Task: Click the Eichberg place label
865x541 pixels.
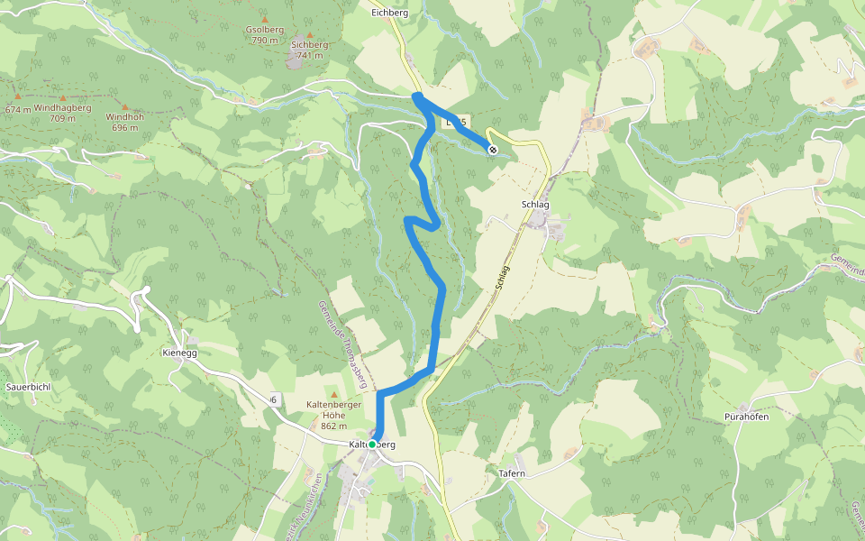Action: click(390, 14)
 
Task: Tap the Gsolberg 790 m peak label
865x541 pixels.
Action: click(265, 34)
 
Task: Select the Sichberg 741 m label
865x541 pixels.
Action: click(309, 50)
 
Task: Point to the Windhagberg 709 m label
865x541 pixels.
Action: click(63, 113)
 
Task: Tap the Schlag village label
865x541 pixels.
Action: click(535, 205)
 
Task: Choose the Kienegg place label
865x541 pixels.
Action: click(178, 353)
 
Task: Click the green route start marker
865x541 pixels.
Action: click(372, 445)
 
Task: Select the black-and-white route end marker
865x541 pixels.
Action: click(493, 149)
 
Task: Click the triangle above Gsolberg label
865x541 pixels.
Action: click(265, 19)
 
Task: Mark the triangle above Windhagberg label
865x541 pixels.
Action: click(63, 97)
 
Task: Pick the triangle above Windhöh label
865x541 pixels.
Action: click(123, 106)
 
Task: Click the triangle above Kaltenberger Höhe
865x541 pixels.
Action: click(334, 395)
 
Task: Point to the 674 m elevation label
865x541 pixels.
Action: click(17, 110)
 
